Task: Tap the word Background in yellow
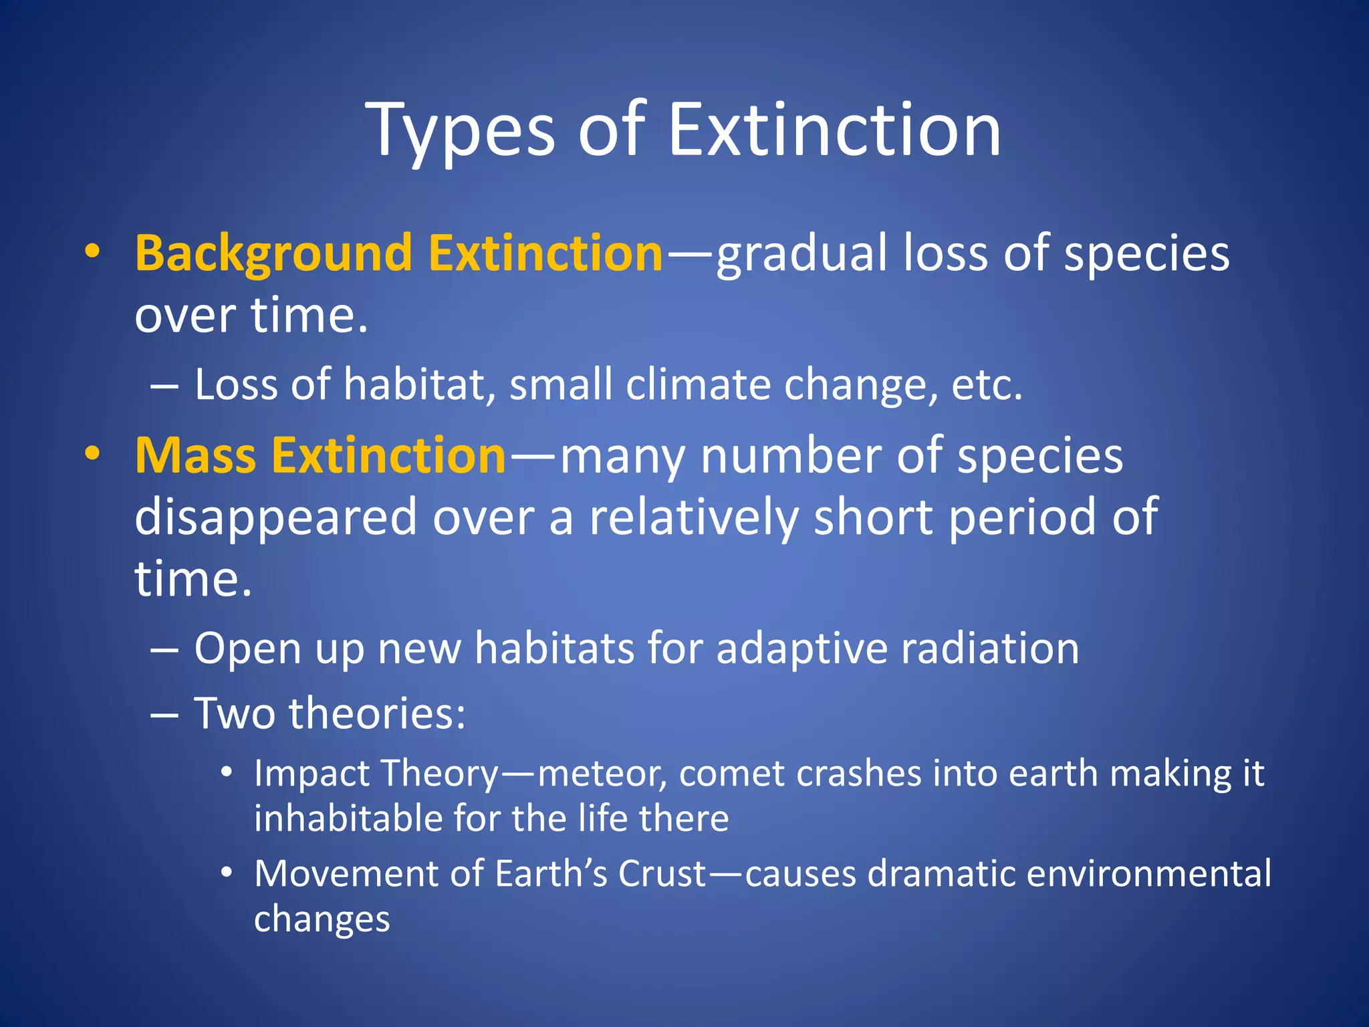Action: (273, 254)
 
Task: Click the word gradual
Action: (801, 254)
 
